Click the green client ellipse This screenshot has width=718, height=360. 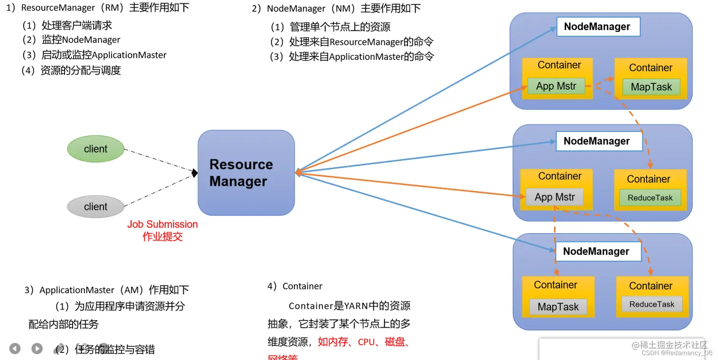[x=95, y=149]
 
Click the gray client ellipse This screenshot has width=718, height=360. [x=95, y=207]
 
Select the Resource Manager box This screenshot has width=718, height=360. [x=246, y=173]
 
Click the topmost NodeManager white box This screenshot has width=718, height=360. [x=597, y=27]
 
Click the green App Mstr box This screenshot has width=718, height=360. [x=556, y=86]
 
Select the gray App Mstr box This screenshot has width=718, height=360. [x=555, y=197]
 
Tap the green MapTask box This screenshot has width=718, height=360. [x=651, y=87]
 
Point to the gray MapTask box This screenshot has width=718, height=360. [x=558, y=307]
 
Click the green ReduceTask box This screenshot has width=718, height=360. [x=650, y=198]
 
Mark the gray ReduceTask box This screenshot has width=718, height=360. [x=652, y=304]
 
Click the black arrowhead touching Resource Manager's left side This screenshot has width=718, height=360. [x=194, y=173]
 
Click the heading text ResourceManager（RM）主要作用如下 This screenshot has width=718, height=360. [x=97, y=8]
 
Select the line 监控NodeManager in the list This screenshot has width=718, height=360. [x=81, y=40]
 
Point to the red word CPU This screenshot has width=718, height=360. [x=366, y=342]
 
